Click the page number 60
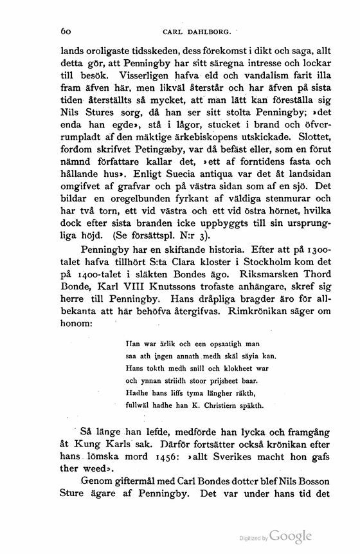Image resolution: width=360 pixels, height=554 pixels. (x=64, y=30)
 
